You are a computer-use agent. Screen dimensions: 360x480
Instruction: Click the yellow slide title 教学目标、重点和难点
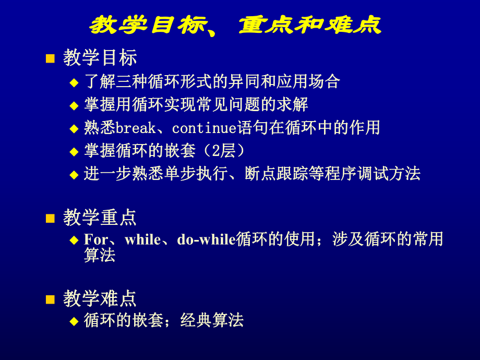click(x=235, y=25)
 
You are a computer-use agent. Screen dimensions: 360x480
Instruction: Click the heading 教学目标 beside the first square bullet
click(x=100, y=58)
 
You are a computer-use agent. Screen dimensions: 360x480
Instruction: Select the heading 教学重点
click(x=100, y=218)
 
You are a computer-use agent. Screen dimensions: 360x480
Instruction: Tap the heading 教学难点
click(x=100, y=298)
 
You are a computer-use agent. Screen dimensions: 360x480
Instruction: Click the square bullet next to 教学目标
click(x=50, y=58)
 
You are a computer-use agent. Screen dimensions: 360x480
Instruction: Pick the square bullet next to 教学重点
click(x=50, y=218)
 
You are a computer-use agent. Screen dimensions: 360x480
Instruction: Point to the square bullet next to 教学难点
click(x=50, y=299)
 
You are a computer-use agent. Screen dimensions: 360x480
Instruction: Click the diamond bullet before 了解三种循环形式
click(x=74, y=82)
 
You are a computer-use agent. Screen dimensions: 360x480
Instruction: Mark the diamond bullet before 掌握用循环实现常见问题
click(x=74, y=105)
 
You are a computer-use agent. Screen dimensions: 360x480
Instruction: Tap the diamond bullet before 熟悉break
click(x=74, y=128)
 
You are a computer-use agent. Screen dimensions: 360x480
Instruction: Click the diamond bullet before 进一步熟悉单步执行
click(x=74, y=174)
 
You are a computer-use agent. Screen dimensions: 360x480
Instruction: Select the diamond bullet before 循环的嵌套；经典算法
click(x=74, y=321)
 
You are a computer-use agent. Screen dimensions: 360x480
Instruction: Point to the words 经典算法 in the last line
click(x=212, y=320)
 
